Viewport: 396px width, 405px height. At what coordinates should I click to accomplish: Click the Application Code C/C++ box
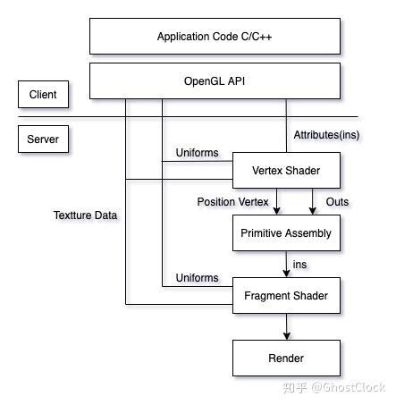pos(215,37)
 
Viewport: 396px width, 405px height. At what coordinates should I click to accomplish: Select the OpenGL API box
pos(215,80)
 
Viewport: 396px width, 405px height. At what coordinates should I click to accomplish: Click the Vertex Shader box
pos(286,170)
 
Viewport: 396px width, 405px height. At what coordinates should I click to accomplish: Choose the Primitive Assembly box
pos(286,233)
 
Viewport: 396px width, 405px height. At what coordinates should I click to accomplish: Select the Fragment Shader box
pos(286,296)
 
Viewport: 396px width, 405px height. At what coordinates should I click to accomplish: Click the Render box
pos(286,359)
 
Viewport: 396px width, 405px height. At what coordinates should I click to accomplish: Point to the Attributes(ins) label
pos(327,135)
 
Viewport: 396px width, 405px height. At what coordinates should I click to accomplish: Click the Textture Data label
pos(85,215)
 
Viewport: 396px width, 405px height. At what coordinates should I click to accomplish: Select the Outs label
pos(337,202)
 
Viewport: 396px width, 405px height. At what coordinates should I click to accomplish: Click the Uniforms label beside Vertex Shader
pos(197,153)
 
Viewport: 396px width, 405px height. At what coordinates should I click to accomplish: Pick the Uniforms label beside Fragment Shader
pos(197,278)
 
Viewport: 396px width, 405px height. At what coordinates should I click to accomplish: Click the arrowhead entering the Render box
pos(286,336)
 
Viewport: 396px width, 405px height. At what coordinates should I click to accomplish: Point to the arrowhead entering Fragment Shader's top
pos(286,274)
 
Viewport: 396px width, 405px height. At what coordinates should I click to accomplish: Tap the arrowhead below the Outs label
pos(313,211)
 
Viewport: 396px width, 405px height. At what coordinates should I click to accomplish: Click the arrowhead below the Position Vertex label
pos(279,211)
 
